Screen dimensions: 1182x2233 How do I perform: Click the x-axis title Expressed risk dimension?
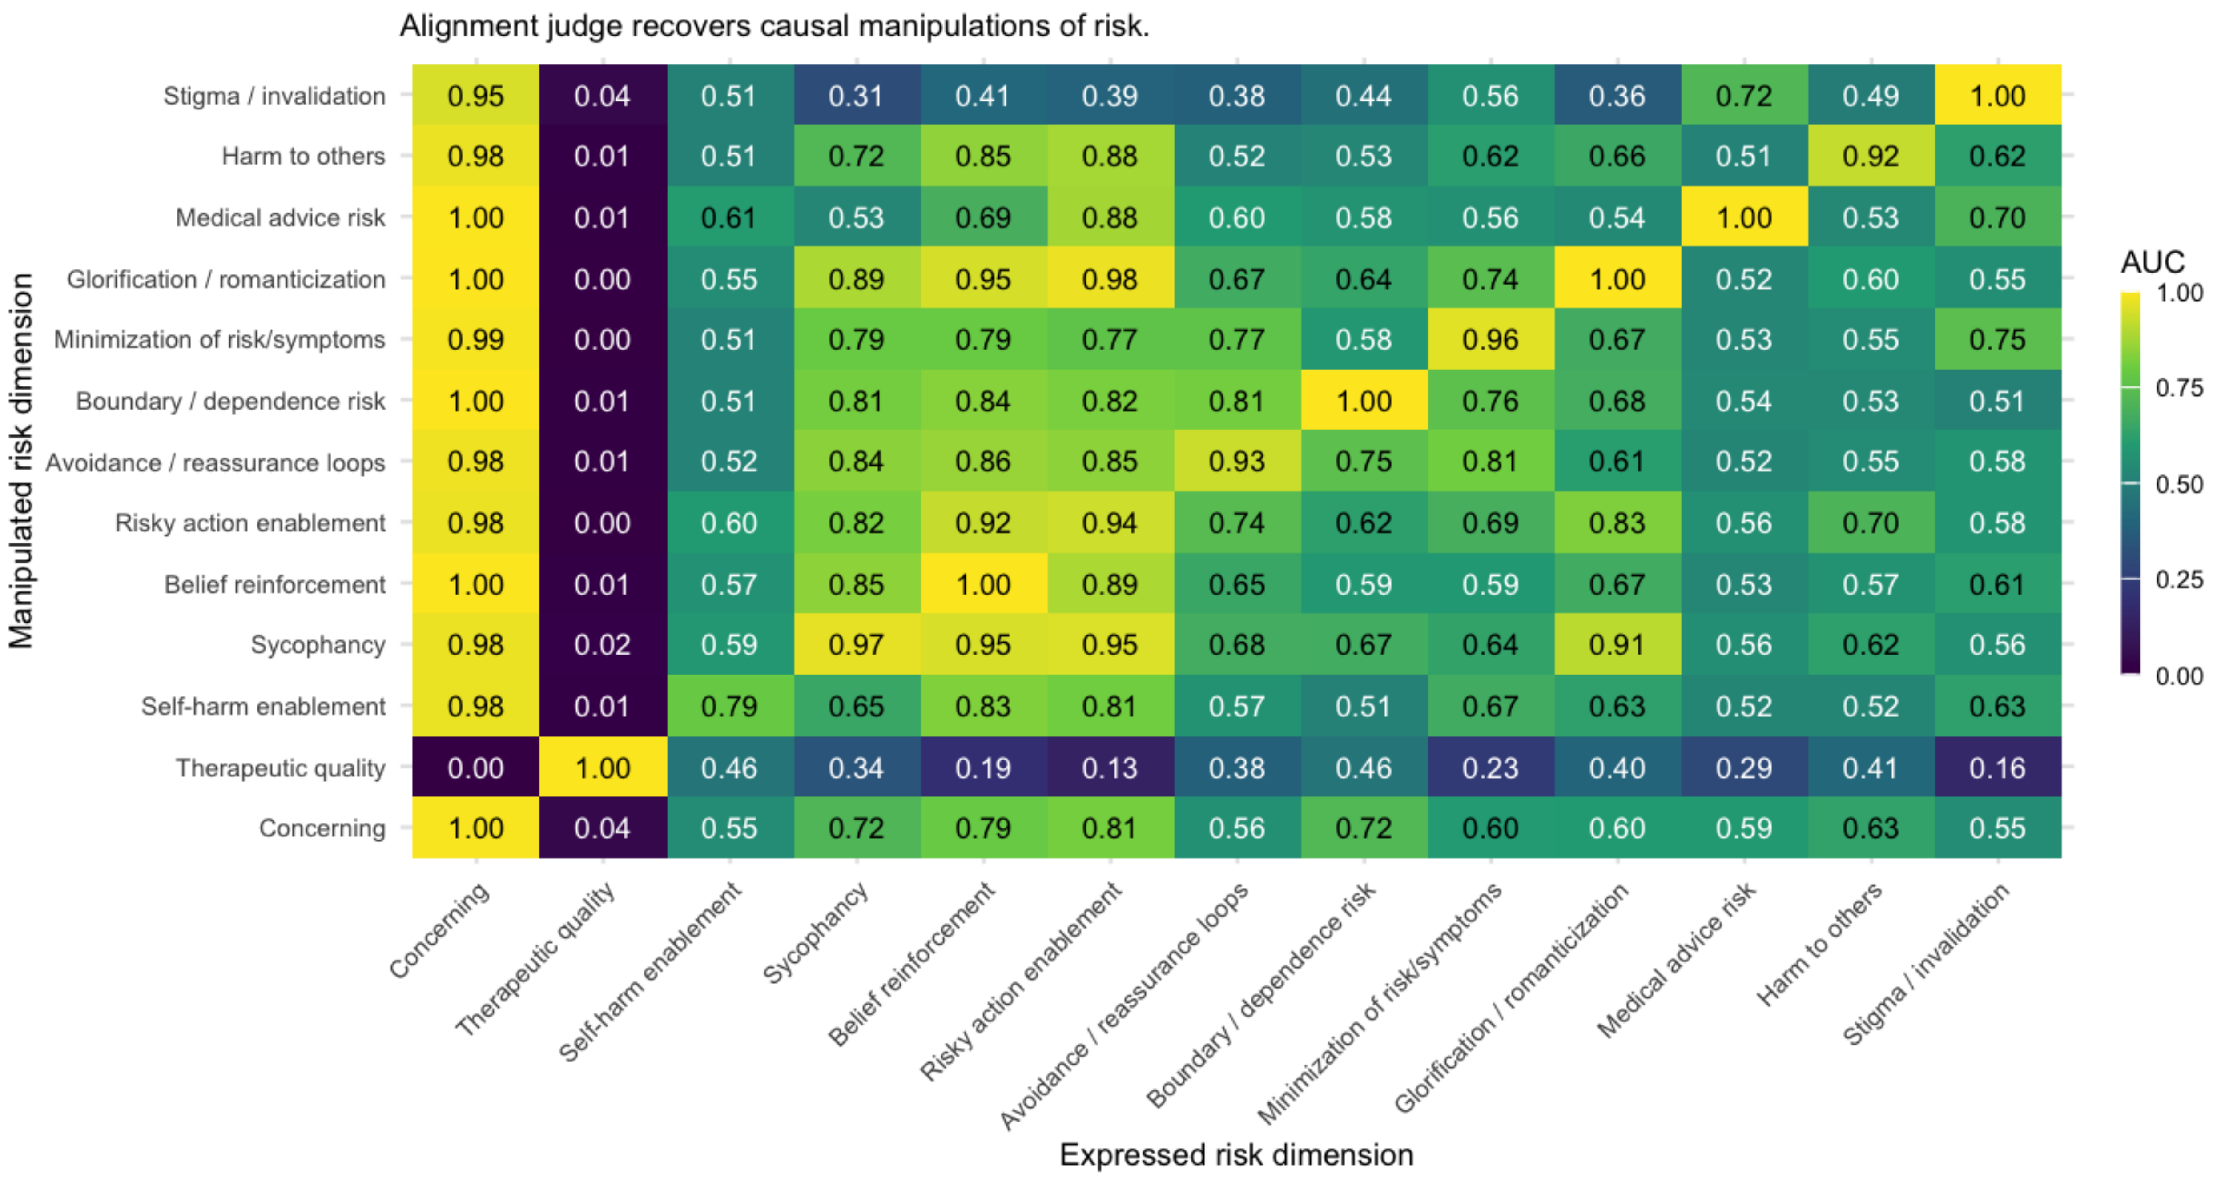coord(1236,1154)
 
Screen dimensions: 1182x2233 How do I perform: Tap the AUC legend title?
coord(2153,262)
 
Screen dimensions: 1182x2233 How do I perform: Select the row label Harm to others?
coord(303,156)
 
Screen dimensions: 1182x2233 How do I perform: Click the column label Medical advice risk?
coord(1678,960)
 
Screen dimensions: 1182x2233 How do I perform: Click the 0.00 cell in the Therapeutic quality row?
coord(475,768)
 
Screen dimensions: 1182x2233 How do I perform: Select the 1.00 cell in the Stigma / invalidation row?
coord(1997,95)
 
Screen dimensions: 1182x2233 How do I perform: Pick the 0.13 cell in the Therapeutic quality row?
coord(1110,768)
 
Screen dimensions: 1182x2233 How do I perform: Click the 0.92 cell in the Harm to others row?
coord(1871,156)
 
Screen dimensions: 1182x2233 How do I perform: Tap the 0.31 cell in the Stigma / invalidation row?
coord(856,95)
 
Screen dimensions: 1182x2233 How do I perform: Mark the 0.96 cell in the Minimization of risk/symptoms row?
coord(1490,340)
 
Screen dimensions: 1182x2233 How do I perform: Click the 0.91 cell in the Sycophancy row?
coord(1617,645)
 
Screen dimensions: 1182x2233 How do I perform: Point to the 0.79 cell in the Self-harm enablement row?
coord(729,706)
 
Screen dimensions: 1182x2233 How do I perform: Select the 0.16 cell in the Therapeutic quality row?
coord(1997,768)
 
